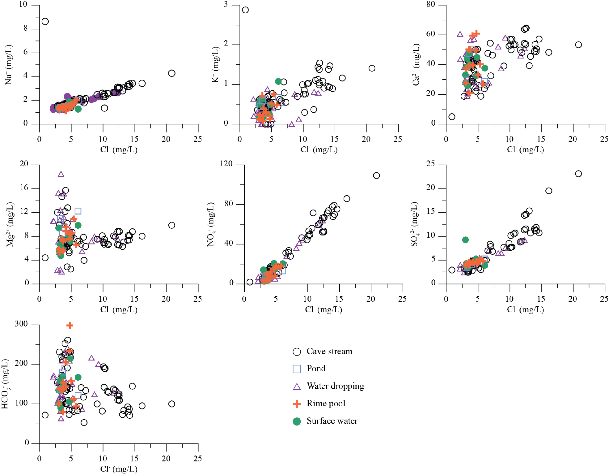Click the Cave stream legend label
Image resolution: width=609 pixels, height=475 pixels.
pos(329,352)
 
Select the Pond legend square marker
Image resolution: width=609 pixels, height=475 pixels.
pos(297,369)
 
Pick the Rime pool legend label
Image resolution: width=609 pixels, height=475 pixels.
pos(326,404)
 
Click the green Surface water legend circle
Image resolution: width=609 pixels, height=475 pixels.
pos(297,421)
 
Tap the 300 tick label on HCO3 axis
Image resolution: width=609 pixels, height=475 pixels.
pos(21,324)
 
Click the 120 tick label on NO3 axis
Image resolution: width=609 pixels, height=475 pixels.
pos(226,164)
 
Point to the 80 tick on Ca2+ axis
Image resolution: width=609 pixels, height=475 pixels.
pos(431,4)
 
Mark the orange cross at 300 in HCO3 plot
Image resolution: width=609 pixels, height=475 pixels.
pos(70,325)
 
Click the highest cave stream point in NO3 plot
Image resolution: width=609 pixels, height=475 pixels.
pos(376,175)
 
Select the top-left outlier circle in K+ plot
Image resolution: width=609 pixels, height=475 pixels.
pos(245,10)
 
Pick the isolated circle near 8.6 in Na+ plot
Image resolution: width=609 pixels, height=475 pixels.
pos(45,21)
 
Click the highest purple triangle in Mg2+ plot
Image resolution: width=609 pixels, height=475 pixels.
pos(61,174)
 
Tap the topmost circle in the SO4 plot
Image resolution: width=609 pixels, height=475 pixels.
pos(578,174)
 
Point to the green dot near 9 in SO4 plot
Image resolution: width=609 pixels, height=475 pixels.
pos(465,240)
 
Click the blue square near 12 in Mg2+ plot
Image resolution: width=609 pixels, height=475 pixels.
pos(78,211)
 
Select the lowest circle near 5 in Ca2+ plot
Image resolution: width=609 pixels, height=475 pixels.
pos(452,117)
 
